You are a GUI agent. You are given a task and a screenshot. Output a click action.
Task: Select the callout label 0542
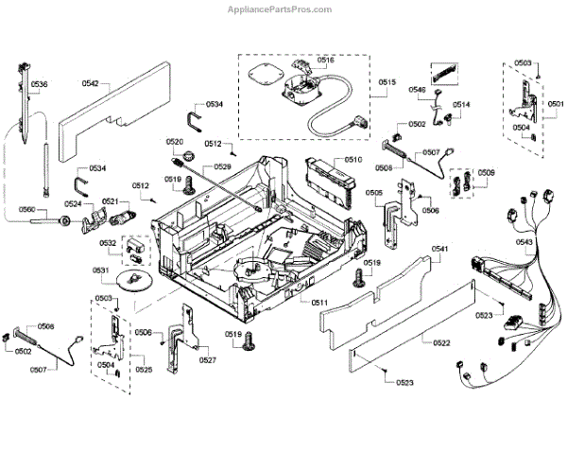click(x=90, y=84)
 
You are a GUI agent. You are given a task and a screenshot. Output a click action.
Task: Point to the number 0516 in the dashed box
click(x=326, y=60)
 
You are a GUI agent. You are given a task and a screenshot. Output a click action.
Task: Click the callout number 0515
click(x=388, y=82)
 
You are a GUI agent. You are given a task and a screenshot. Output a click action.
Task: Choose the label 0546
click(x=417, y=89)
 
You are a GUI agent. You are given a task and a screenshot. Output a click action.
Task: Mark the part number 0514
click(x=461, y=104)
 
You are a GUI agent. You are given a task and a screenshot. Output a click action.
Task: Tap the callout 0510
click(x=353, y=160)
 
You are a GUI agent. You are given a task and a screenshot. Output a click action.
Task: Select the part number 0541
click(x=439, y=249)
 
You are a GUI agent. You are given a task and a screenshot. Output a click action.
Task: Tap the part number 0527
click(x=208, y=360)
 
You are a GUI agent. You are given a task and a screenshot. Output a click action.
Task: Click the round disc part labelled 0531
click(x=133, y=280)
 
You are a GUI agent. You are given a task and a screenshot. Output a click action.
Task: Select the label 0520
click(x=174, y=142)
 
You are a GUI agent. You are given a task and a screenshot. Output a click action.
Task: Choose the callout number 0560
click(x=26, y=209)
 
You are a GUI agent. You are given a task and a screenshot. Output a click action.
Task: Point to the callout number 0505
click(x=373, y=193)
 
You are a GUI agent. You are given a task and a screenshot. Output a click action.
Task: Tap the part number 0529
click(x=222, y=167)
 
